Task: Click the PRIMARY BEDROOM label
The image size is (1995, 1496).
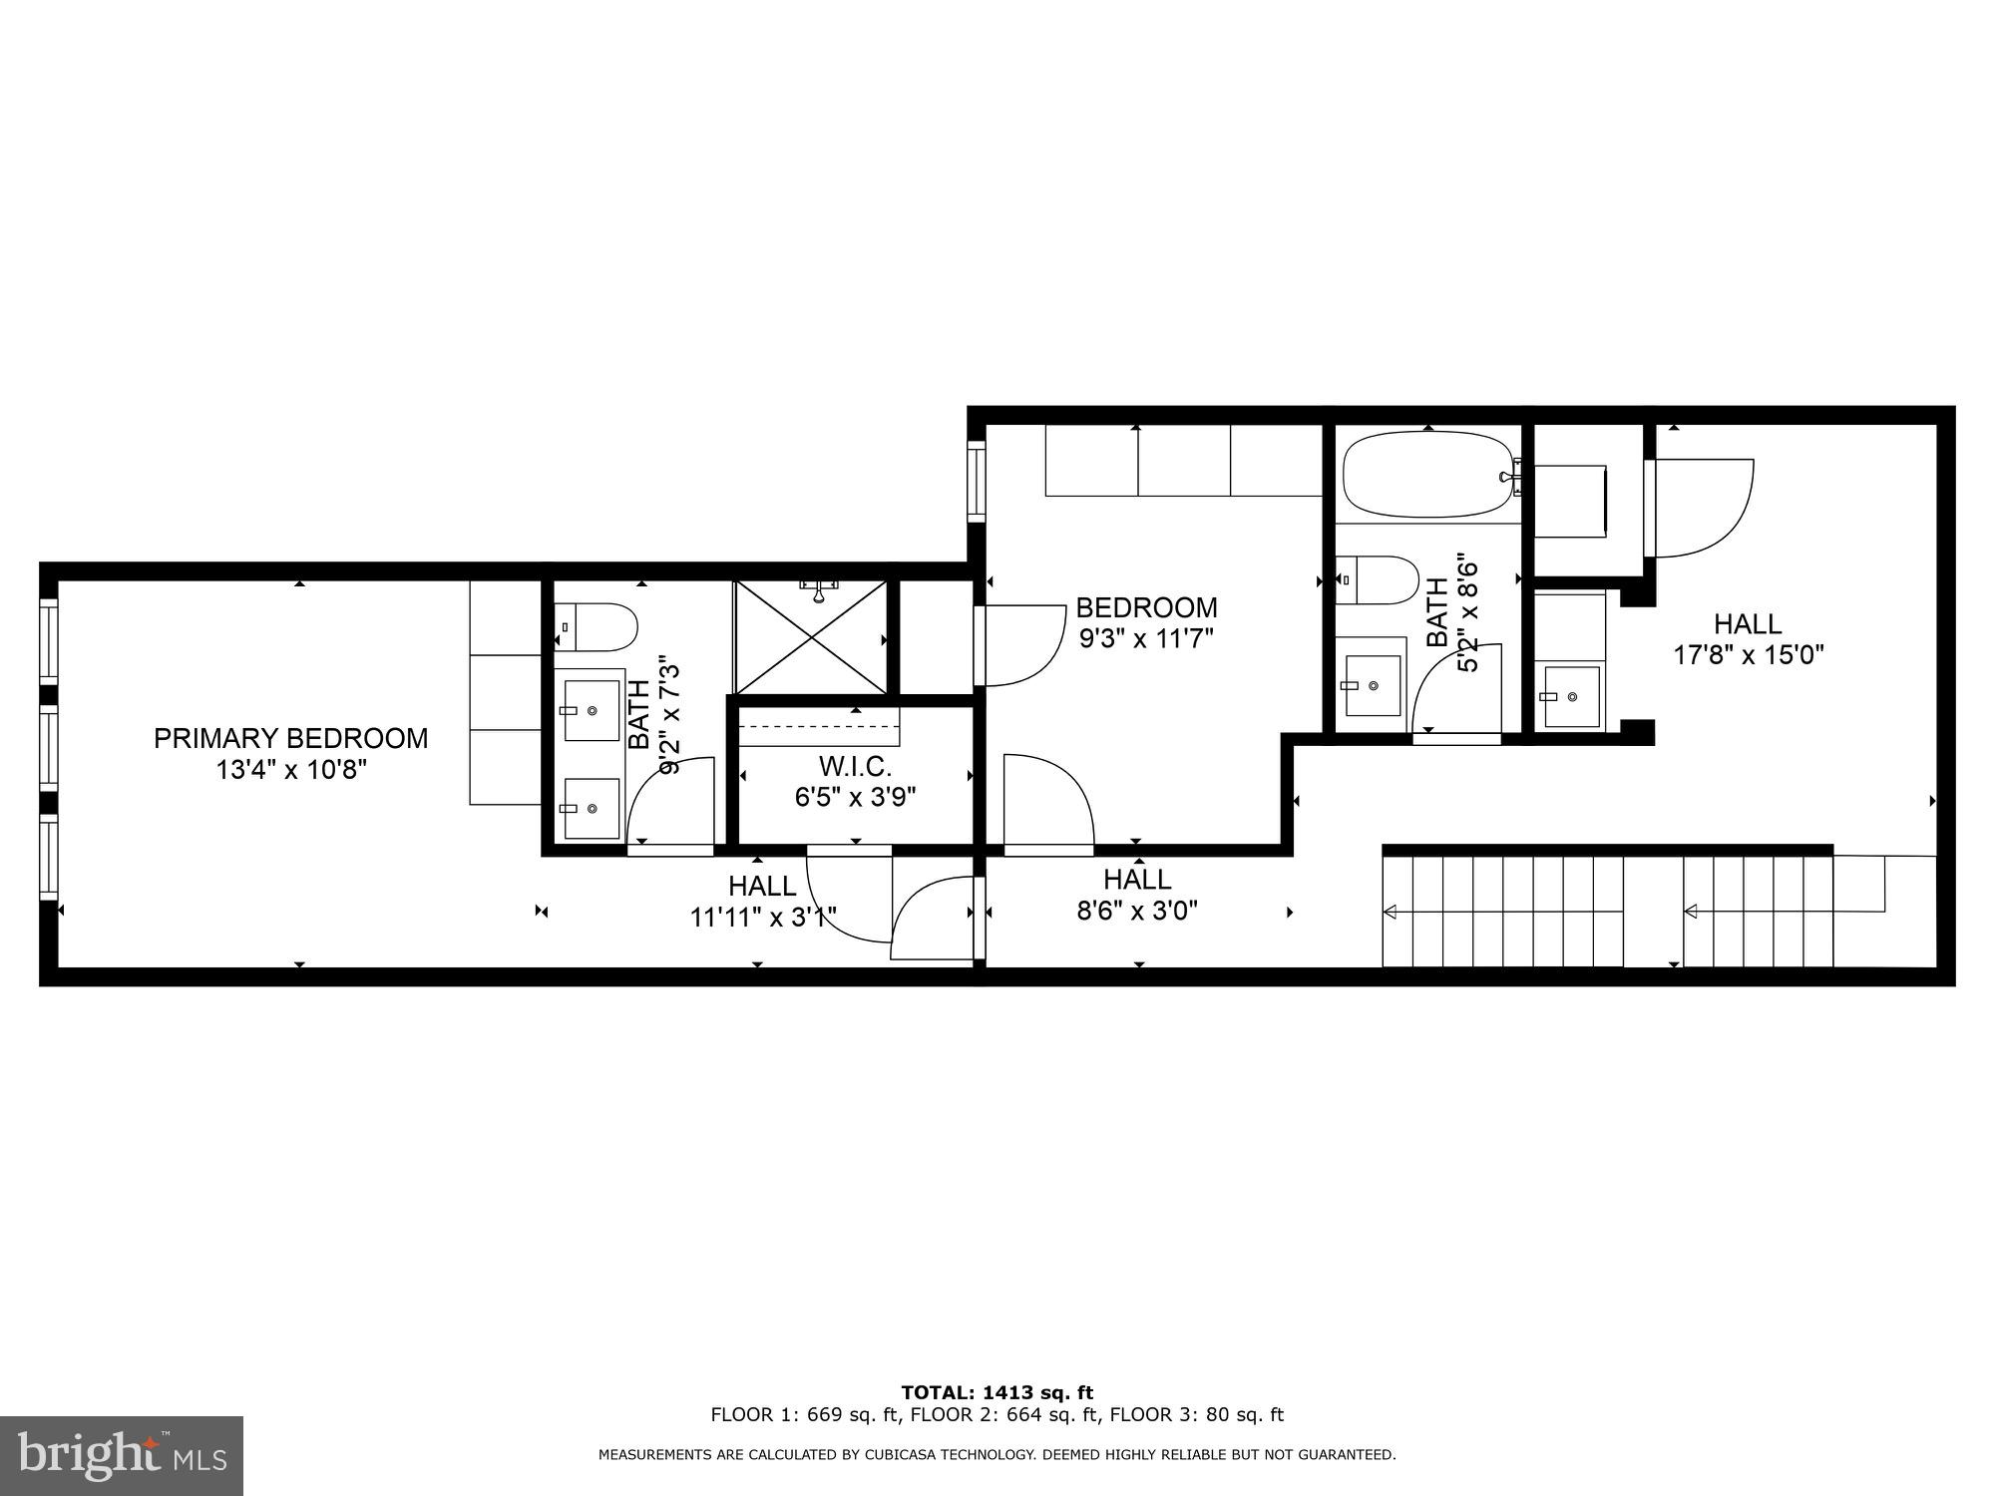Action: pos(290,738)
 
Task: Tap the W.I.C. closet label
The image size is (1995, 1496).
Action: pos(855,767)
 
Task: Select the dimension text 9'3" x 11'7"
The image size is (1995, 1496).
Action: pos(1146,638)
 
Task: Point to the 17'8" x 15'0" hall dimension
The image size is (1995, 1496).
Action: pos(1748,655)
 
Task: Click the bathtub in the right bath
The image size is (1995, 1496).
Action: pos(1427,475)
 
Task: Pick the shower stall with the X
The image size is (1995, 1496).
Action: pos(810,638)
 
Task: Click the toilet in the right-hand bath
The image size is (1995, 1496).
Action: pos(1378,580)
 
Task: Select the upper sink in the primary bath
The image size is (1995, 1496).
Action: pos(592,710)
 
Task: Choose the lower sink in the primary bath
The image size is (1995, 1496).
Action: pos(591,808)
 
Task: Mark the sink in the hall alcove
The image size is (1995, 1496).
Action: pos(1571,696)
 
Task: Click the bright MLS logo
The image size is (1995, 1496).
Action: pos(122,1456)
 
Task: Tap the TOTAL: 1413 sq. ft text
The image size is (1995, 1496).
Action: pos(997,1393)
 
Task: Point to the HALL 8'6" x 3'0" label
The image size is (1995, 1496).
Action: pos(1137,895)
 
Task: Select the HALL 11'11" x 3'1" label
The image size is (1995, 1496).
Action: pos(762,901)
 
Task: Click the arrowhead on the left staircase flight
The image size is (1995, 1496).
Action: pos(1389,912)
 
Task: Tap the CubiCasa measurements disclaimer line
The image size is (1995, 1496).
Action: pos(997,1455)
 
